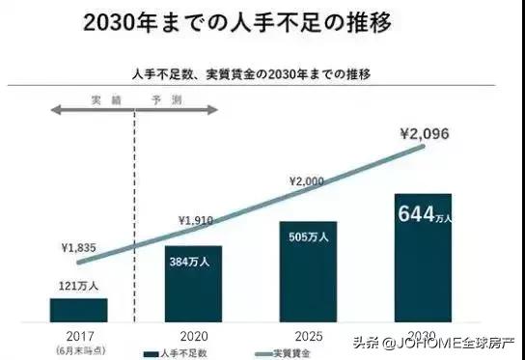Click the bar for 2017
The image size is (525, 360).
pyautogui.click(x=79, y=309)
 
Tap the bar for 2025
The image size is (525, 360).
pyautogui.click(x=309, y=271)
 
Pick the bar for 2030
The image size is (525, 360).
pyautogui.click(x=423, y=257)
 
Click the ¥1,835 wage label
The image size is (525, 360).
pyautogui.click(x=77, y=247)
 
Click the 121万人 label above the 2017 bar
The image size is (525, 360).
pyautogui.click(x=78, y=287)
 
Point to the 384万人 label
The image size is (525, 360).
pyautogui.click(x=192, y=262)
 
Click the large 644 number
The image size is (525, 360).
pyautogui.click(x=415, y=212)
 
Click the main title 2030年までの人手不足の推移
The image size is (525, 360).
pyautogui.click(x=217, y=22)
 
